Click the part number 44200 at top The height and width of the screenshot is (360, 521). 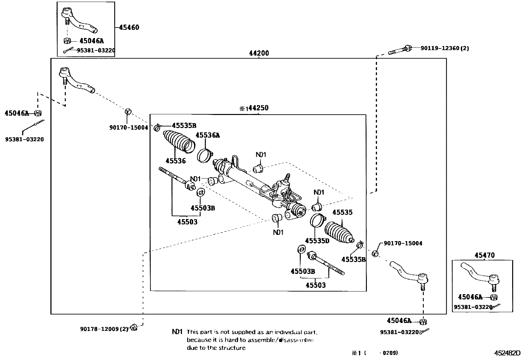click(x=259, y=53)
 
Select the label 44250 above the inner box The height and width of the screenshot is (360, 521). click(x=258, y=108)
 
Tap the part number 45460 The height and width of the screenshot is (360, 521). click(x=129, y=28)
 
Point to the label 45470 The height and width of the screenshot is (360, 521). click(x=484, y=255)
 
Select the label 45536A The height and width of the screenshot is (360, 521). click(x=208, y=135)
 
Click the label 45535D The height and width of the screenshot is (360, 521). click(x=317, y=241)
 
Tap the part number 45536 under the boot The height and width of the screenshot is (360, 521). click(x=175, y=161)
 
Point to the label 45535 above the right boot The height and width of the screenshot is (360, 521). click(x=342, y=212)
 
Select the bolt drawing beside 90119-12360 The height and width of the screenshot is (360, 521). click(x=400, y=50)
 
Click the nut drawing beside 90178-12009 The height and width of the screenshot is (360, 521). click(x=133, y=327)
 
